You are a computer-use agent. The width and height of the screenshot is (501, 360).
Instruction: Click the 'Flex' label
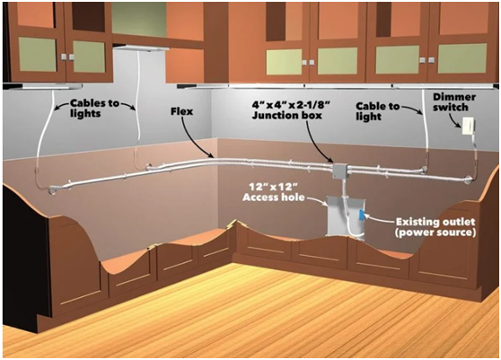click(181, 111)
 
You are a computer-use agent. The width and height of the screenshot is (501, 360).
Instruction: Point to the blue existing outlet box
click(361, 215)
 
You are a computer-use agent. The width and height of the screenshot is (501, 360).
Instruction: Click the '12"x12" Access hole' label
click(274, 191)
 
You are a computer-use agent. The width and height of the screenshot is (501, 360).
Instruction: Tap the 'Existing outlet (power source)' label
click(435, 227)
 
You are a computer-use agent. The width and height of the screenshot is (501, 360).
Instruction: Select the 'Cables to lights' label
click(94, 108)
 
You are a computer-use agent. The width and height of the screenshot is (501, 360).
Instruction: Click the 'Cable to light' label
click(378, 111)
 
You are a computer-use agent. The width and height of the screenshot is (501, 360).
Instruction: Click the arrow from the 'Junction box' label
click(320, 142)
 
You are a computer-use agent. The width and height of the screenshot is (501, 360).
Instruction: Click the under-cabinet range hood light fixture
click(142, 48)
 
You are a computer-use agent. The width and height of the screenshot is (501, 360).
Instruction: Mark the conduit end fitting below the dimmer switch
click(469, 180)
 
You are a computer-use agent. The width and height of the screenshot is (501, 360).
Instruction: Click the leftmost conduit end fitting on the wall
click(52, 189)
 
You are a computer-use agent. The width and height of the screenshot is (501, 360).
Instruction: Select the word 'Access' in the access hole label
click(259, 198)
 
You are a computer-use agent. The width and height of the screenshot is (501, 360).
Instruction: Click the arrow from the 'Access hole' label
click(317, 200)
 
